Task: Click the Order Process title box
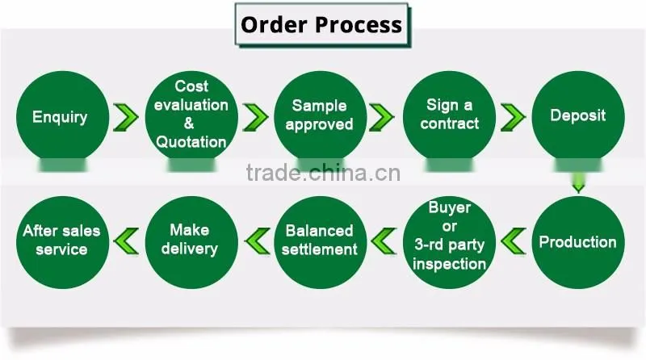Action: (322, 25)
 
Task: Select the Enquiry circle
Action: (63, 117)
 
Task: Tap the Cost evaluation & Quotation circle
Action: (191, 117)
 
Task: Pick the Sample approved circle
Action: (321, 117)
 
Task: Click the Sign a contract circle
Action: (450, 117)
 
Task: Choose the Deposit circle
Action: (578, 117)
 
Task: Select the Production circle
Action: (578, 242)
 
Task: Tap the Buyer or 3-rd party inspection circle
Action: (450, 242)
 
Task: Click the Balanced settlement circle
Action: (321, 242)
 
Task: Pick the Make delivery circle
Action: (191, 242)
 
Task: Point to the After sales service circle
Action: (63, 242)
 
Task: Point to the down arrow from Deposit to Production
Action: (578, 182)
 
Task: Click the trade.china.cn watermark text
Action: (323, 173)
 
